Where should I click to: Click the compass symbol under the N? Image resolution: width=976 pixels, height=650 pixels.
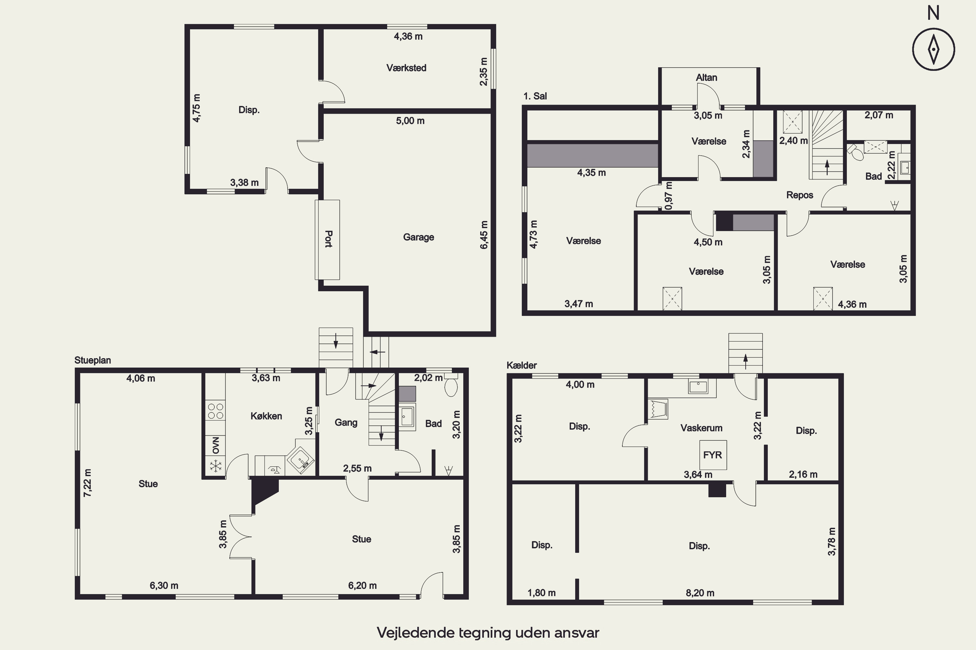pos(933,49)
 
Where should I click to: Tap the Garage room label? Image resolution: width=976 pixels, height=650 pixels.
pos(418,237)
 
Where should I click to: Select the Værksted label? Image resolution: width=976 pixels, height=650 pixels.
pos(406,68)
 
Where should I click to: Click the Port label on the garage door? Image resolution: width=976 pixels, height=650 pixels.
pos(328,239)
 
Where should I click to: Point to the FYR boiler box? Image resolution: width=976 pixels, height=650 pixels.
pos(713,455)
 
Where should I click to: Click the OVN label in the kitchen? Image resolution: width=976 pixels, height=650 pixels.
pos(215,445)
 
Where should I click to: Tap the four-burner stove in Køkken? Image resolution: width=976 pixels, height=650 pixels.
pos(215,411)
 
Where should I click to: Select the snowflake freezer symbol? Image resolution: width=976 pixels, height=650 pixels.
pos(215,466)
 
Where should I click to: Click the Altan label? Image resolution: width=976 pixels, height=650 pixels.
pos(706,78)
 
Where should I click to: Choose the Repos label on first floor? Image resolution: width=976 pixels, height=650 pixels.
pos(800,195)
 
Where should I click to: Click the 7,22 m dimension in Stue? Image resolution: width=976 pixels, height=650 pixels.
pos(87,483)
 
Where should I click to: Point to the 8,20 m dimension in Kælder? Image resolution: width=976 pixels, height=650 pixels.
pos(700,593)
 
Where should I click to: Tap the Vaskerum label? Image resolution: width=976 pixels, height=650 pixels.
pos(701,428)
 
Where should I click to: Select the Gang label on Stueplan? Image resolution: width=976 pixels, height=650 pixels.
pos(346,422)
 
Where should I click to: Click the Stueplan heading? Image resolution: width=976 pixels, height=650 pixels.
pos(92,360)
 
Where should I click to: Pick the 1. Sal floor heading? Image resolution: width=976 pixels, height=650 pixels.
pos(535,96)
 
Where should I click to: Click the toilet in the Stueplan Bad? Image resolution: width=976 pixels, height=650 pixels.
pos(451,385)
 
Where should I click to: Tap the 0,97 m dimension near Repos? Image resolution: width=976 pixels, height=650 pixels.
pos(669,195)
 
